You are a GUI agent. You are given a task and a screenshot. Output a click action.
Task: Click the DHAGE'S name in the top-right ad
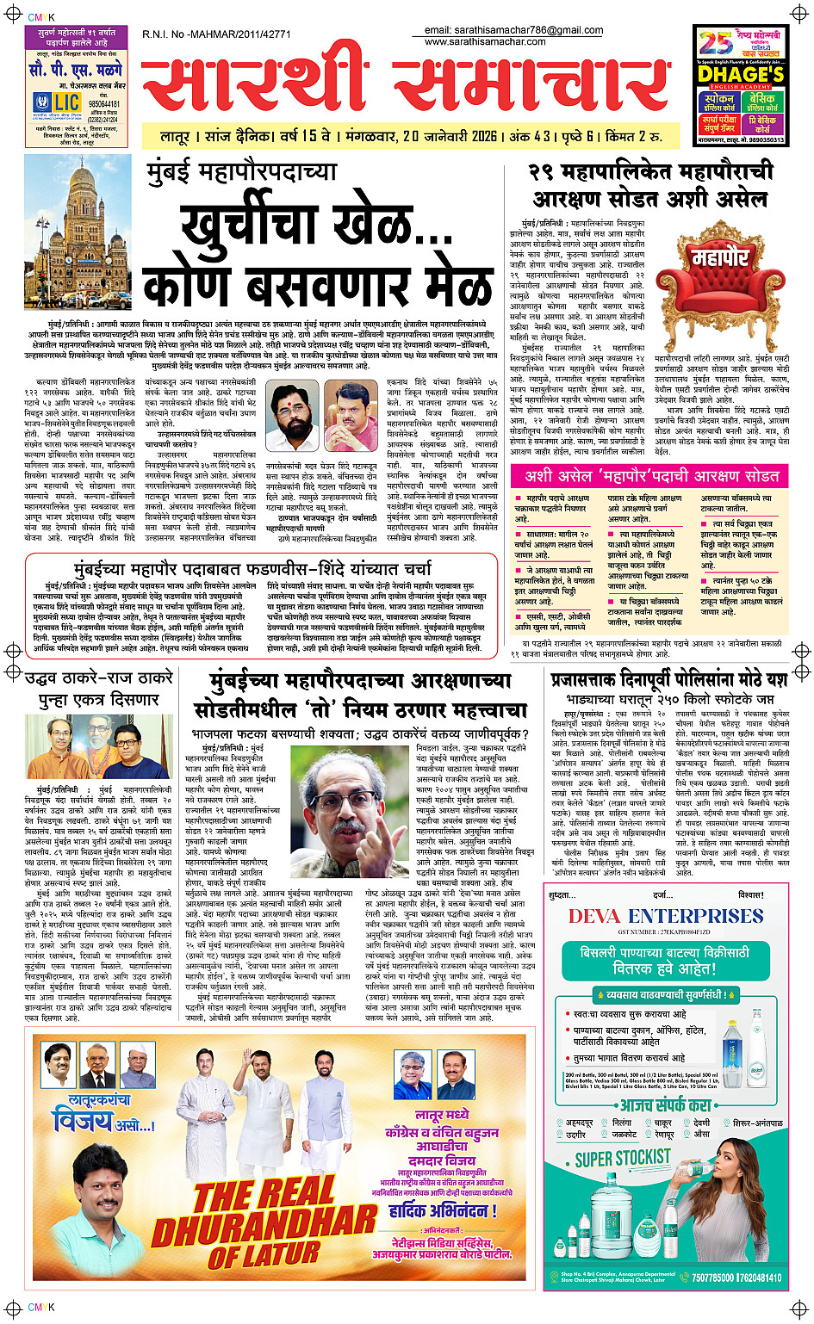[741, 74]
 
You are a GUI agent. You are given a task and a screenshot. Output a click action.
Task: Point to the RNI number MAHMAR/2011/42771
[216, 34]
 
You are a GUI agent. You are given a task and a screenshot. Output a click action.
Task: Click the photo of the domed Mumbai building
[78, 232]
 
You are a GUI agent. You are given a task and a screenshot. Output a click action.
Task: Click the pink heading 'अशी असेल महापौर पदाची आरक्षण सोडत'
[651, 476]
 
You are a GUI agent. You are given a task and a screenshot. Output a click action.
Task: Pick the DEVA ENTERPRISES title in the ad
[665, 915]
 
